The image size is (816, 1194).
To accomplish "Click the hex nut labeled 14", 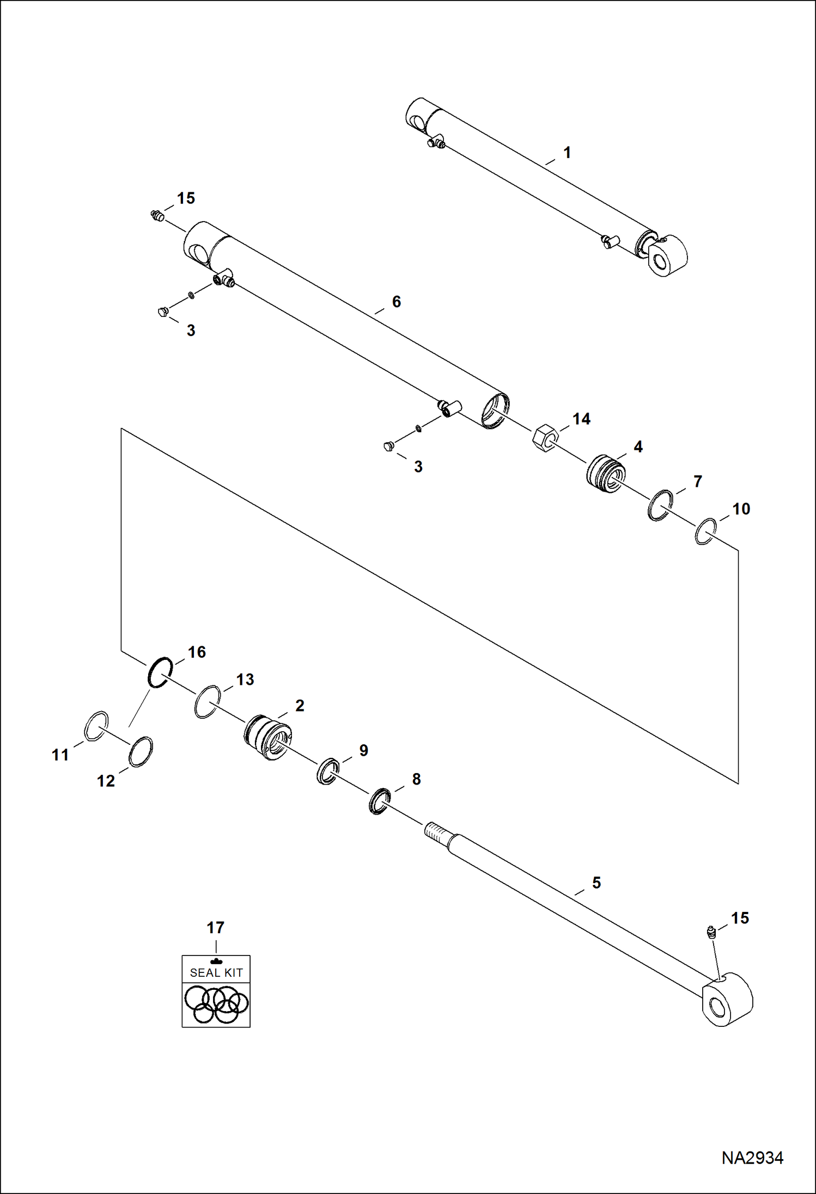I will (x=544, y=437).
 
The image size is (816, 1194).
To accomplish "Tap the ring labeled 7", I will (x=660, y=505).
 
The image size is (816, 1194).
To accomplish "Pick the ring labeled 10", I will (x=705, y=531).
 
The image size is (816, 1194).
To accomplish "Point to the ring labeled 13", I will (x=207, y=702).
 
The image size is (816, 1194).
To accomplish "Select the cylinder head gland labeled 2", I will (x=266, y=738).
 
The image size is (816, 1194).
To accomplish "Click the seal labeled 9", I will (x=328, y=770).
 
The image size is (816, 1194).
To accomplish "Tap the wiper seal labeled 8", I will (x=379, y=801).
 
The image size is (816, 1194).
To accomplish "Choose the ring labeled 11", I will (x=96, y=726).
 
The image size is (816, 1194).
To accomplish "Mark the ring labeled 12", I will (x=141, y=752).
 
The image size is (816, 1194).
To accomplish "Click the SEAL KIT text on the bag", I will (x=216, y=972).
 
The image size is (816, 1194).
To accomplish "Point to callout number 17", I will (x=215, y=927).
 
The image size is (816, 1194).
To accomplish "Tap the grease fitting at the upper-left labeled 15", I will (x=157, y=216).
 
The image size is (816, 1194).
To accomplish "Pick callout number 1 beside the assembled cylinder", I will (x=567, y=152).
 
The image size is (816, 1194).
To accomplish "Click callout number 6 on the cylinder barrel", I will (x=396, y=302).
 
